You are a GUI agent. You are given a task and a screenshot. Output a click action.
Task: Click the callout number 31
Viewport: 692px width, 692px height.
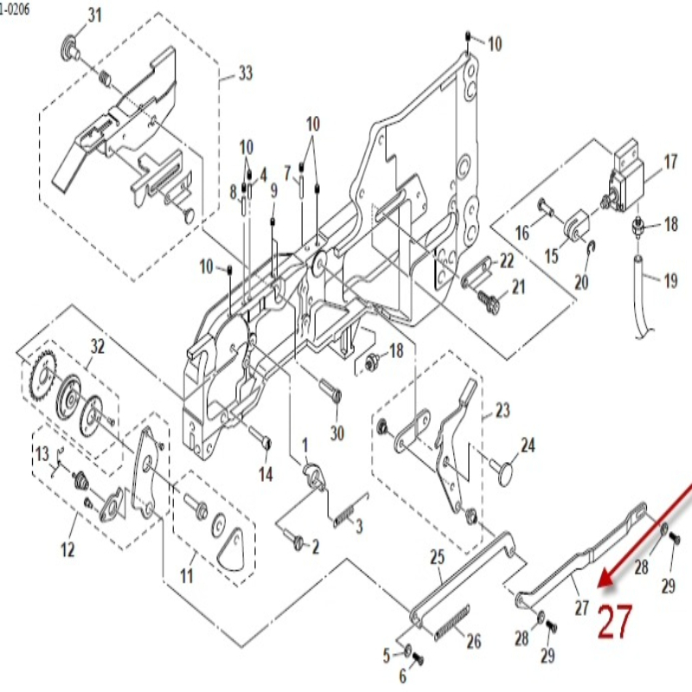pyautogui.click(x=94, y=15)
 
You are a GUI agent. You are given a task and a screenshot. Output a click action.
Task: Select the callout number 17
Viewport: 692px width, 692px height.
pyautogui.click(x=670, y=162)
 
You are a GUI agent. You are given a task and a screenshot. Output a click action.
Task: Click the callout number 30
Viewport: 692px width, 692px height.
pyautogui.click(x=337, y=432)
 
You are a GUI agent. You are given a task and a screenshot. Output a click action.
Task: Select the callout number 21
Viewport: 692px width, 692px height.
pyautogui.click(x=518, y=286)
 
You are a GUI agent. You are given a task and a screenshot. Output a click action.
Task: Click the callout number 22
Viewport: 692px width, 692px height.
pyautogui.click(x=507, y=260)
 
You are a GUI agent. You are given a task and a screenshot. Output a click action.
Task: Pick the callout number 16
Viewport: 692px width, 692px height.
pyautogui.click(x=522, y=233)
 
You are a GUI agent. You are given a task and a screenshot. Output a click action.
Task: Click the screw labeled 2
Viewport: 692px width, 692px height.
pyautogui.click(x=298, y=542)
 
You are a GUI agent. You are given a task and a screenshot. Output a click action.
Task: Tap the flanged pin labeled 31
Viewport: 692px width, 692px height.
pyautogui.click(x=68, y=47)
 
